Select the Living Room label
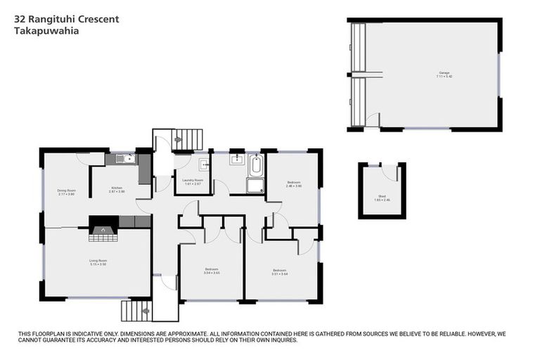pos(98,262)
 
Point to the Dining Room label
pos(66,191)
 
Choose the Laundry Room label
pos(192,182)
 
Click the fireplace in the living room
pos(103,229)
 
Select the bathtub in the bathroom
pos(255,167)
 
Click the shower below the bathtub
pos(255,186)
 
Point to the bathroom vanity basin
pos(237,159)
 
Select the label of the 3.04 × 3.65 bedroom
pos(212,271)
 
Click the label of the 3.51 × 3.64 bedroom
pos(279,271)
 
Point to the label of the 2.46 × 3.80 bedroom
pos(294,184)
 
